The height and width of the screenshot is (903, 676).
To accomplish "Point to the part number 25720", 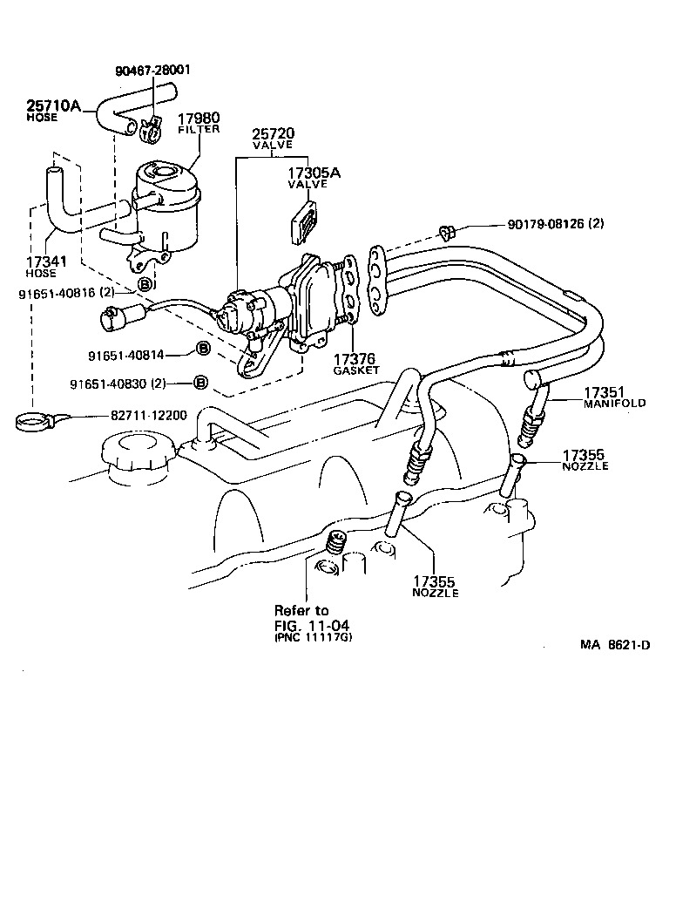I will [x=274, y=134].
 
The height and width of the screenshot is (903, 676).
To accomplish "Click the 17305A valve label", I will [x=314, y=177].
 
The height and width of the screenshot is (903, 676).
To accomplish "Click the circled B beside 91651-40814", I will [x=201, y=349].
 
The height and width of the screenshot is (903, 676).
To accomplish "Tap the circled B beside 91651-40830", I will [x=200, y=383].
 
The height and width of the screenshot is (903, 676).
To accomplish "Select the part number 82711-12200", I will [x=147, y=415].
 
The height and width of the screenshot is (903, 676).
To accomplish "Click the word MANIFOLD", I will [x=615, y=404].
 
